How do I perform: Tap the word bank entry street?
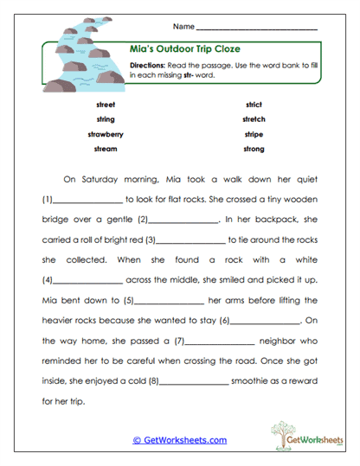coord(106,105)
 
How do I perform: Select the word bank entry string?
coord(106,119)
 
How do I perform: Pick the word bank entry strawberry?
coord(106,134)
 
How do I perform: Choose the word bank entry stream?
coord(106,149)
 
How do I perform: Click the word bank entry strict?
coord(254,105)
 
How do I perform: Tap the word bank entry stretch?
coord(254,119)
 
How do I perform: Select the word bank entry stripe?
coord(254,134)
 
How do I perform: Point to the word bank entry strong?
coord(254,149)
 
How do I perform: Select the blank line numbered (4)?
coord(88,281)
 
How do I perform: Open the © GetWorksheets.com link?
coord(179,440)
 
